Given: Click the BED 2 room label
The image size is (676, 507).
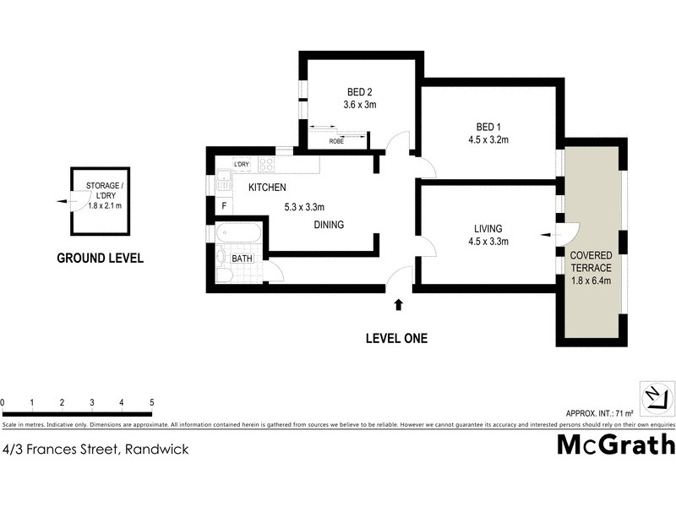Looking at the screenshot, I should tap(360, 92).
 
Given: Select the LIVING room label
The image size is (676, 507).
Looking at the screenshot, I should tap(488, 228).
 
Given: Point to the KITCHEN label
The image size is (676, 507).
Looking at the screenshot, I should tap(266, 188).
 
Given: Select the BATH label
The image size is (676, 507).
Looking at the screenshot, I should tap(243, 259).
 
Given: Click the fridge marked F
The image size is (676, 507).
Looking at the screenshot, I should tap(224, 205).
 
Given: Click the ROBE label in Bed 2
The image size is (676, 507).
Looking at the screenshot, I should tap(336, 141).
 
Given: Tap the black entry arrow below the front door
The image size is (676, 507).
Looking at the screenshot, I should tap(399, 302).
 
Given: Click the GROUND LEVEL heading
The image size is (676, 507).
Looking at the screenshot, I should tap(100, 259).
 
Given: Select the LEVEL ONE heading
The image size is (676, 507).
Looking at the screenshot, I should tap(396, 339).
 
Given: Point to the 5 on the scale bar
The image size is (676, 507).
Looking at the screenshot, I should tap(151, 402).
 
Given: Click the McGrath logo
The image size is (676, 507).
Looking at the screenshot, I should tap(615, 444).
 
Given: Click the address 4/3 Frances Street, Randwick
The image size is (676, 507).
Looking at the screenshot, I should tap(95, 450).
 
